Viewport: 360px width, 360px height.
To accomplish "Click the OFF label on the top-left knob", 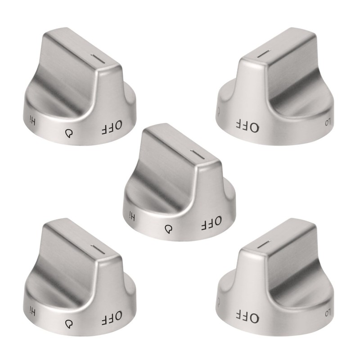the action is point(112,128).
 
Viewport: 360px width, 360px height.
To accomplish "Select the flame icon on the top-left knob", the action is point(69,133).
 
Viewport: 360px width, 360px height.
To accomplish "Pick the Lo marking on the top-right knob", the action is point(328,121).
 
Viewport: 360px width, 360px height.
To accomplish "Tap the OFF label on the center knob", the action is point(211,223).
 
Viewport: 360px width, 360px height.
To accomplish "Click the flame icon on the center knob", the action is point(169,229).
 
